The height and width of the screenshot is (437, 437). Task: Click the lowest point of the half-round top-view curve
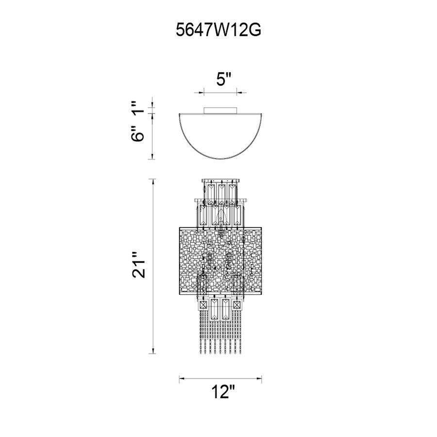[x=220, y=159]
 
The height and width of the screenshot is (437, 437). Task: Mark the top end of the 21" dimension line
[x=152, y=179]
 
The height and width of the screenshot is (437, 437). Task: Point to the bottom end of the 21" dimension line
[x=152, y=353]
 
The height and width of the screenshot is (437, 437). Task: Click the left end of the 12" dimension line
[x=179, y=378]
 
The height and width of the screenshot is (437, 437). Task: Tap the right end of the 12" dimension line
[x=261, y=378]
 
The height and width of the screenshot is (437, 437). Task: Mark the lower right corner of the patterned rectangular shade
[x=261, y=295]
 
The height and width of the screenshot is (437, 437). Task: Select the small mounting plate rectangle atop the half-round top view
[x=220, y=110]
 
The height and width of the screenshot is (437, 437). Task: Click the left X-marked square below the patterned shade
[x=204, y=304]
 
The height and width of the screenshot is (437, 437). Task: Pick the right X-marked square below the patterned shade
[x=237, y=304]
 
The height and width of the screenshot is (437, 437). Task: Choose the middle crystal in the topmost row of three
[x=221, y=193]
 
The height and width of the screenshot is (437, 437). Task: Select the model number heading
[x=218, y=30]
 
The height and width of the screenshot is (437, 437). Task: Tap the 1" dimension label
[x=138, y=108]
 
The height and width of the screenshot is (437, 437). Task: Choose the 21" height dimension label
[x=138, y=265]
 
